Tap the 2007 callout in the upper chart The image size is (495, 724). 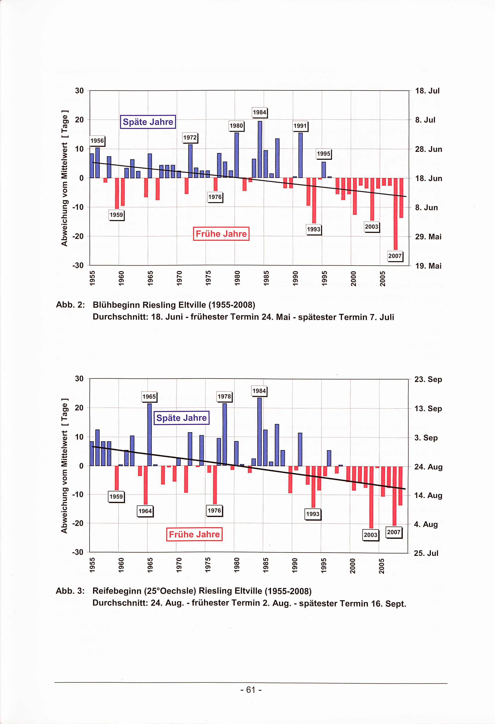(x=395, y=256)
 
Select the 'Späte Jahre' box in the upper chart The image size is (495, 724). (x=148, y=122)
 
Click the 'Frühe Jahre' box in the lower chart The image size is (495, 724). (x=194, y=534)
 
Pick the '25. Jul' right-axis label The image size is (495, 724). (x=426, y=553)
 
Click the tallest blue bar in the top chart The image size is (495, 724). (x=260, y=149)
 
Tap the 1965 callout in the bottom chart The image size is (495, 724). (x=149, y=397)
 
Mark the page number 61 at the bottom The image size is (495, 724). (x=251, y=690)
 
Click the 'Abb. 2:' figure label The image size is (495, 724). (x=70, y=305)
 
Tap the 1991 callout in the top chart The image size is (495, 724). (x=300, y=126)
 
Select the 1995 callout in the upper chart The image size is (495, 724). (x=324, y=154)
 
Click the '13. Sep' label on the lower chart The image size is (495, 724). (x=428, y=409)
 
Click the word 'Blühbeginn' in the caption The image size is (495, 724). (x=116, y=305)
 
